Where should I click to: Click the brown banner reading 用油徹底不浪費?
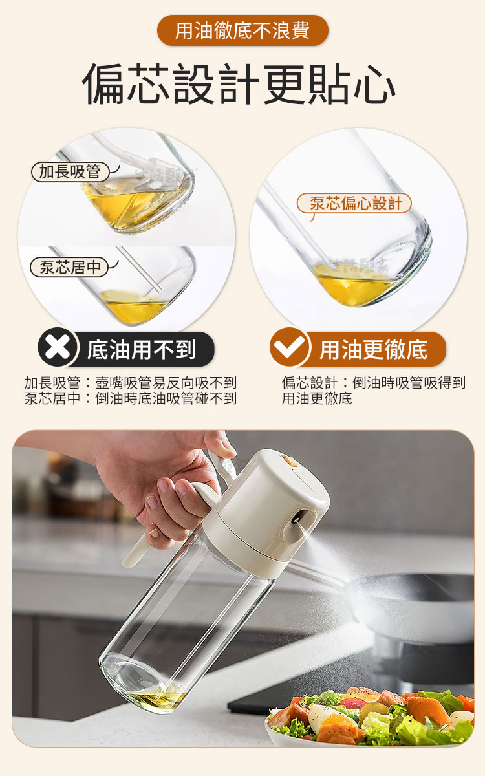point(242,30)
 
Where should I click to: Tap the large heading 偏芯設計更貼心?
point(239,84)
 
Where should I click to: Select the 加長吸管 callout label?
point(70,172)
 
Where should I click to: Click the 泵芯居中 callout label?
point(69,267)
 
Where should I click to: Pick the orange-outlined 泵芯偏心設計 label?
point(354,203)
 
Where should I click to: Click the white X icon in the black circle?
point(58,348)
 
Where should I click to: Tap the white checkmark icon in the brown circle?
point(289,347)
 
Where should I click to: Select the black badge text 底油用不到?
point(142,349)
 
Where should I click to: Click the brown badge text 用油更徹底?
point(374,349)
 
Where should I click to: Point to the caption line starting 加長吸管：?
point(131,383)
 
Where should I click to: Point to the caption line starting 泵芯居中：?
point(131,398)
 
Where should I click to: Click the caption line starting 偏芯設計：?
point(374,383)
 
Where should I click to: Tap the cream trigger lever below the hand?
point(136,550)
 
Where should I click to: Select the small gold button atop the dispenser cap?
point(288,462)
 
